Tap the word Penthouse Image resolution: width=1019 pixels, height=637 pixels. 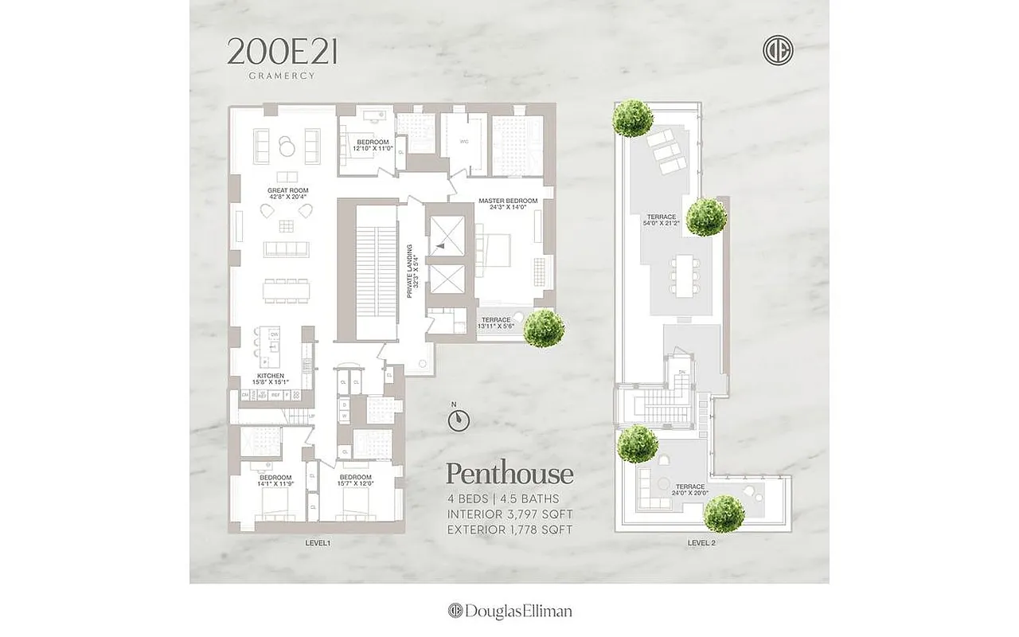coord(509,474)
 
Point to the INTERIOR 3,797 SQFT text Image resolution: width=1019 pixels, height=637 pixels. coord(509,514)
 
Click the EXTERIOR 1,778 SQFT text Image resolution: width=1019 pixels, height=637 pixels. coord(509,529)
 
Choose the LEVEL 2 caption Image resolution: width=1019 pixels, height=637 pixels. coord(702,542)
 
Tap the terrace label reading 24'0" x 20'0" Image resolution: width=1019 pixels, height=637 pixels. coord(689,490)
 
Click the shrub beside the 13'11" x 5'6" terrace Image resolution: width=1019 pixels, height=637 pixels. coord(544,328)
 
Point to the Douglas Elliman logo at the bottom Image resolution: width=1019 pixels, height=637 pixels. coord(509,611)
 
